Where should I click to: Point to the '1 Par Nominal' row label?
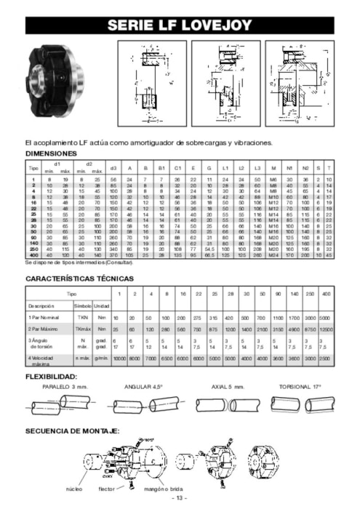point(46,318)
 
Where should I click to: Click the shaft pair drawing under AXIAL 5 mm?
point(227,403)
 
